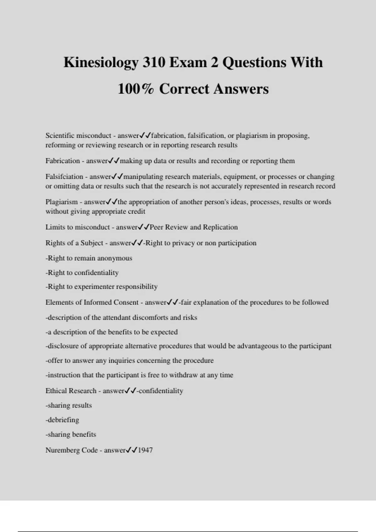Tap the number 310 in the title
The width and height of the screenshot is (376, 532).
point(154,62)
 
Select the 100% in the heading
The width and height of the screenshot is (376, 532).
point(136,89)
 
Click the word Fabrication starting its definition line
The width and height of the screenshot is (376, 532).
point(63,161)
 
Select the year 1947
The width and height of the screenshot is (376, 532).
point(145,450)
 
